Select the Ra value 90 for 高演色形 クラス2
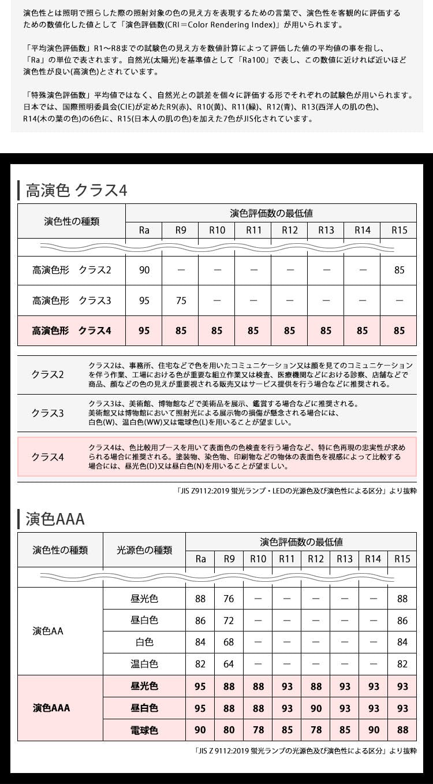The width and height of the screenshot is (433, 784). click(x=144, y=270)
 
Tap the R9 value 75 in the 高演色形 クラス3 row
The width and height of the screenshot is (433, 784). click(x=181, y=300)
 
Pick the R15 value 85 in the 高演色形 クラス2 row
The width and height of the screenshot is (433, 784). click(x=398, y=270)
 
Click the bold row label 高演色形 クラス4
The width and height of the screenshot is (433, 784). click(x=72, y=331)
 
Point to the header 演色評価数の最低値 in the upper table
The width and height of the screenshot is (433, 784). click(x=271, y=213)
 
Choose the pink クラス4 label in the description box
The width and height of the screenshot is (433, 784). click(x=47, y=457)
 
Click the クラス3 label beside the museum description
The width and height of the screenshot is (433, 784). click(x=47, y=413)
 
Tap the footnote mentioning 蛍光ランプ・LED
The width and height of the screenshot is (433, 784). click(x=296, y=491)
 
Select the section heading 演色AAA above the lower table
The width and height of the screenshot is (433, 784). click(x=55, y=519)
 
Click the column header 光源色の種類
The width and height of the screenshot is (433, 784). click(x=144, y=550)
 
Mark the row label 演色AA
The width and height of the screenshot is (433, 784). click(x=48, y=631)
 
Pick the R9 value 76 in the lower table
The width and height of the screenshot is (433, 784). click(x=229, y=599)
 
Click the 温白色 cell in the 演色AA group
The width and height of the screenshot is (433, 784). click(x=144, y=664)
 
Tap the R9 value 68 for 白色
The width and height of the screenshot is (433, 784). click(x=229, y=642)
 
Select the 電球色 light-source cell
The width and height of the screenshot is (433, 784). click(x=144, y=730)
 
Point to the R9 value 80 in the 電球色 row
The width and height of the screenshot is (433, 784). click(x=229, y=730)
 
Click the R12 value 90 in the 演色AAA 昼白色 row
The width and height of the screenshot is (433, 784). click(x=316, y=708)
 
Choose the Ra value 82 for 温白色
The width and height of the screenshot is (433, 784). click(x=200, y=664)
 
